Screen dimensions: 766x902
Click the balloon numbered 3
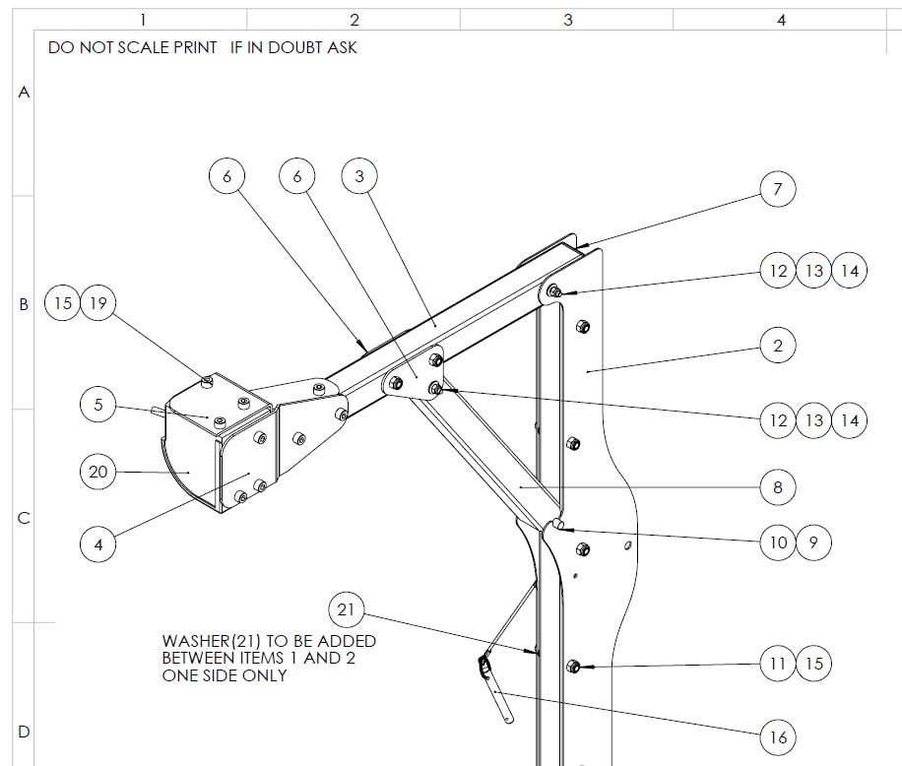[x=359, y=177]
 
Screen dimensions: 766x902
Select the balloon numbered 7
[x=778, y=189]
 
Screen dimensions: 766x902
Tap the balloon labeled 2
[x=778, y=346]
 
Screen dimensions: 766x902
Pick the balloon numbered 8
[x=778, y=486]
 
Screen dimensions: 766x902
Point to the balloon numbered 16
[x=778, y=736]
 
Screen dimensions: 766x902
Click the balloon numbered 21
[x=346, y=609]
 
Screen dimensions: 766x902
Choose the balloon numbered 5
[x=98, y=405]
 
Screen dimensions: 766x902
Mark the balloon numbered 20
[x=98, y=473]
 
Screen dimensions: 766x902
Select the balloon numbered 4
[x=98, y=543]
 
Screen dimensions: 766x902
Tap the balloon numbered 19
[x=97, y=303]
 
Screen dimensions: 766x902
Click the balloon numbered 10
[x=778, y=543]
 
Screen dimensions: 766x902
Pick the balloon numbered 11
[x=778, y=664]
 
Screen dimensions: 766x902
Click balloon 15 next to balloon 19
[x=63, y=303]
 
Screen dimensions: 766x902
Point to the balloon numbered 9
[x=813, y=543]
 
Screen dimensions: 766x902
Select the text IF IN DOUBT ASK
[x=293, y=47]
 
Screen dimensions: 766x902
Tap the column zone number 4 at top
[x=781, y=19]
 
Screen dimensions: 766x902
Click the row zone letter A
[x=25, y=92]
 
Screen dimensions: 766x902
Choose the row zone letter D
[x=25, y=732]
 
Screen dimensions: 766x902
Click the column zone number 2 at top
[x=354, y=19]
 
